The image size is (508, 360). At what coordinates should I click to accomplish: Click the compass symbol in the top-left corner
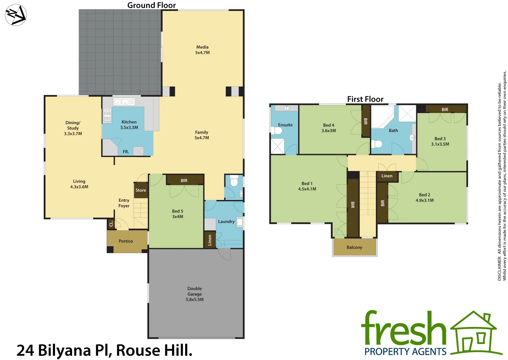(16, 15)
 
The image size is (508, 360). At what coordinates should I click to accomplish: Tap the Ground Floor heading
(151, 5)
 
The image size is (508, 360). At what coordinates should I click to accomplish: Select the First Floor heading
(365, 99)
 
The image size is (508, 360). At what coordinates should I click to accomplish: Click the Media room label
(202, 47)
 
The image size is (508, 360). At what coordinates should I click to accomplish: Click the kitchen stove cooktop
(107, 114)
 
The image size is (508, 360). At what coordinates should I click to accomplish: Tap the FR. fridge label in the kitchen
(126, 152)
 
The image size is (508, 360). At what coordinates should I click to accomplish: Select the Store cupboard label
(141, 190)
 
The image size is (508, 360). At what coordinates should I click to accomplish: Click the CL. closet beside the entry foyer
(111, 223)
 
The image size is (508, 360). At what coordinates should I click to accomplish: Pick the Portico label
(126, 241)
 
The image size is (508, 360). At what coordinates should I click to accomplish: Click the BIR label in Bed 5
(184, 180)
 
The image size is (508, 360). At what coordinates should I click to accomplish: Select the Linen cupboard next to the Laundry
(210, 240)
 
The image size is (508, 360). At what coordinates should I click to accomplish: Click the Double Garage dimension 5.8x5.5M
(194, 299)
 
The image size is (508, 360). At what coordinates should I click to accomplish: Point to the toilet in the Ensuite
(277, 130)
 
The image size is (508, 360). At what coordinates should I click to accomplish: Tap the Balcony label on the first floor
(354, 247)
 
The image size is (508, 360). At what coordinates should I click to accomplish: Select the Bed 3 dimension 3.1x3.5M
(440, 144)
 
